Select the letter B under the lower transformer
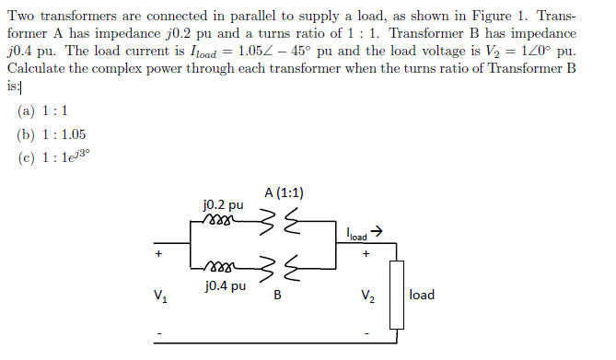(277, 296)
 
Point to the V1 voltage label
(162, 296)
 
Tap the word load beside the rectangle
(422, 295)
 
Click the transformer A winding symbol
(277, 222)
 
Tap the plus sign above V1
(158, 252)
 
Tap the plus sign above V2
(366, 251)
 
